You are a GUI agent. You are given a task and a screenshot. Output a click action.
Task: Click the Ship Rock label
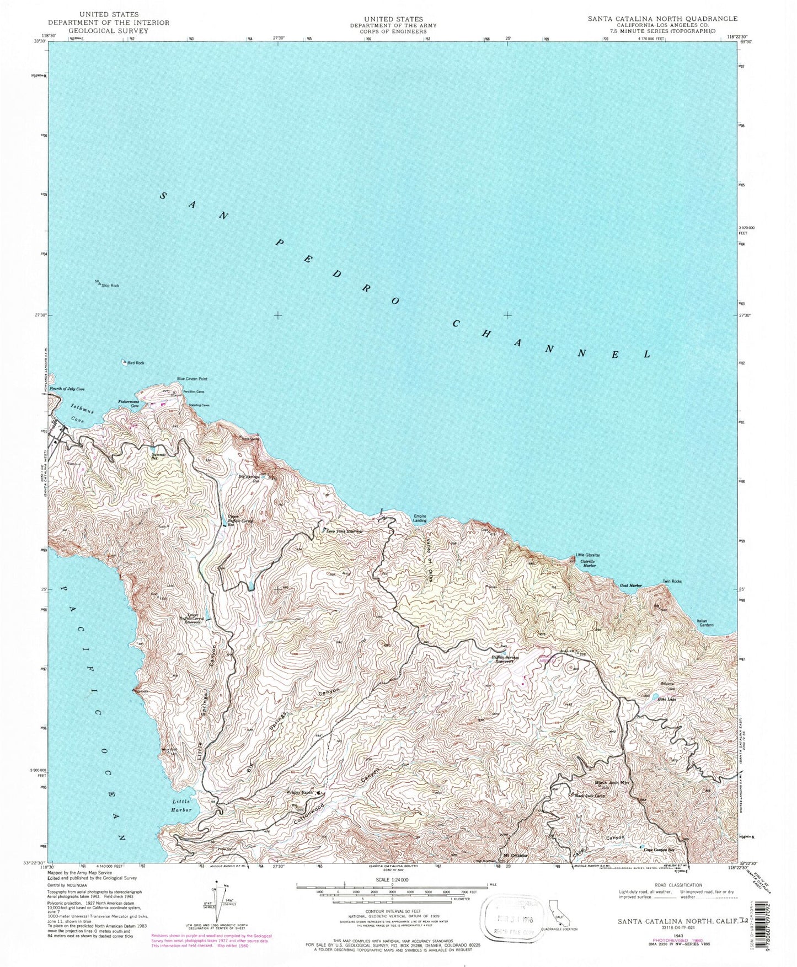[110, 286]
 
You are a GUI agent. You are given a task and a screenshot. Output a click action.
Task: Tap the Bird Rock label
[136, 363]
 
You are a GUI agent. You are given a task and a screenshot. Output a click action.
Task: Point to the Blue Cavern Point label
[192, 379]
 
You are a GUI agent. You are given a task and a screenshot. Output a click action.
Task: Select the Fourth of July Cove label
[67, 389]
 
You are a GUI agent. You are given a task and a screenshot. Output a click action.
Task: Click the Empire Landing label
[420, 518]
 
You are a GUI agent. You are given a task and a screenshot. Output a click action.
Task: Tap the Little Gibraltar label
[588, 555]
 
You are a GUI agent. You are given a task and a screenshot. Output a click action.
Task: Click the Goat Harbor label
[631, 585]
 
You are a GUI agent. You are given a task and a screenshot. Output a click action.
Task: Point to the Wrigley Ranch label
[299, 792]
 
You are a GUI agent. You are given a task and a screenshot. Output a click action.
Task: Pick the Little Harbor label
[181, 805]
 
